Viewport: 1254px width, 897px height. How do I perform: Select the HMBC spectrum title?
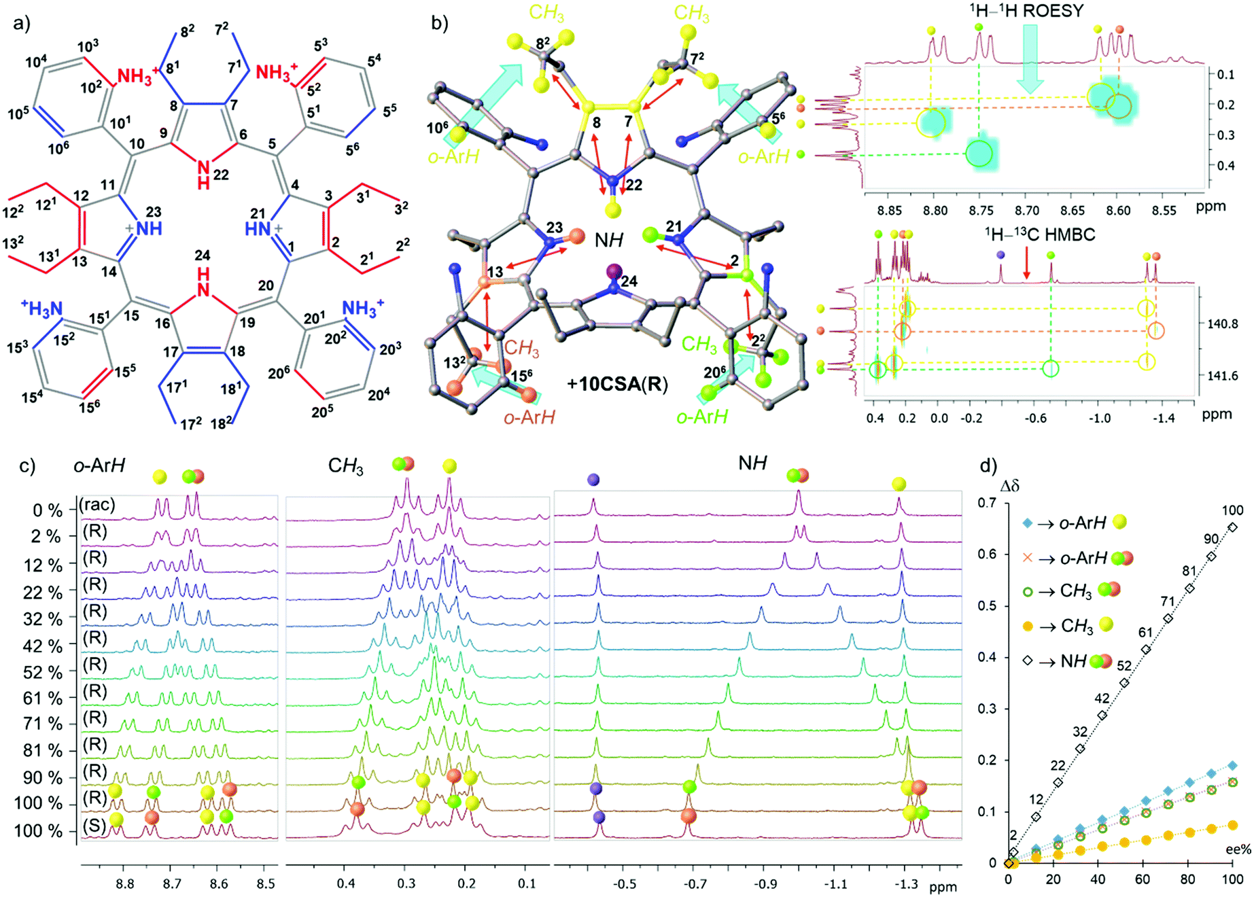[1040, 235]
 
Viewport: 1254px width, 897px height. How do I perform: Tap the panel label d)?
[988, 466]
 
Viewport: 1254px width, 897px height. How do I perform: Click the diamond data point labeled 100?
[1232, 527]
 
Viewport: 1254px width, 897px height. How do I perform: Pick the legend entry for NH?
[1067, 661]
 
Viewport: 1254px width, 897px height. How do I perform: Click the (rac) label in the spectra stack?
[97, 505]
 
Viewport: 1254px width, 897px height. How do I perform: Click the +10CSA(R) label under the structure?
[617, 385]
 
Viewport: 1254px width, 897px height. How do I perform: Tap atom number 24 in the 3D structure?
[631, 281]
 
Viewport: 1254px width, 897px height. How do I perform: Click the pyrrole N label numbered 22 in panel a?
[203, 166]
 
